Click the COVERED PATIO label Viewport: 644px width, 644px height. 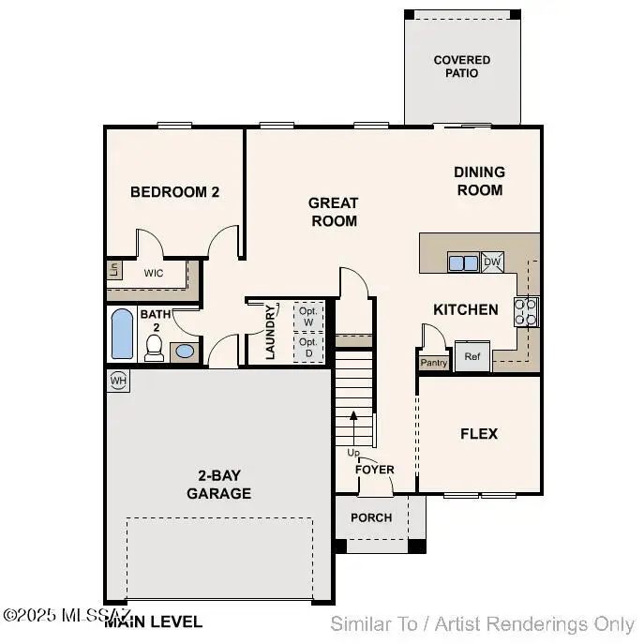(462, 67)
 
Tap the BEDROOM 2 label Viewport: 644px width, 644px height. (174, 192)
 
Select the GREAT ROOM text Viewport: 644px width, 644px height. (334, 212)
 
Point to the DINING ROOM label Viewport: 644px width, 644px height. (479, 181)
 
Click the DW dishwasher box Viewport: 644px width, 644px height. (493, 263)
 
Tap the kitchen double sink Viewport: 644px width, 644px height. (463, 263)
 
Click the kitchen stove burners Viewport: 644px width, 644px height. (527, 311)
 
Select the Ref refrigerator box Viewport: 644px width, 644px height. (472, 357)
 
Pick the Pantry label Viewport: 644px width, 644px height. (433, 362)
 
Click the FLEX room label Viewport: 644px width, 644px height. (479, 434)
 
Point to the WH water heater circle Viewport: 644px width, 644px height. (118, 381)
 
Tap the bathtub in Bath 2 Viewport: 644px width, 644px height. (123, 335)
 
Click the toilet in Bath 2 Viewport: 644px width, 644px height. (156, 349)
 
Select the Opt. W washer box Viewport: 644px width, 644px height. (307, 316)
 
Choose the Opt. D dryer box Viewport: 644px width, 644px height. (307, 348)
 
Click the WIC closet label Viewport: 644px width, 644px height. (154, 274)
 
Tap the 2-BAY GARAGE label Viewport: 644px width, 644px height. (218, 486)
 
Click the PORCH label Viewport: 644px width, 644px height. (371, 517)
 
